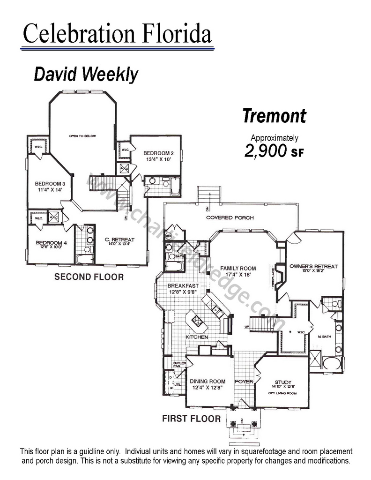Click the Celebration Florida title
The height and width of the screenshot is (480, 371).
coord(117,34)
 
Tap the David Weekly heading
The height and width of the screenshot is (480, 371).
coord(86,75)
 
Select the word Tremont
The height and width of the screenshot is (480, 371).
coord(275,116)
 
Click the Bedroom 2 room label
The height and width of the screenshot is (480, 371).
coord(158,153)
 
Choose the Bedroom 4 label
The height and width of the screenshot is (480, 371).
coord(50,243)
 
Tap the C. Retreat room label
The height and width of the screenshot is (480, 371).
coord(119,240)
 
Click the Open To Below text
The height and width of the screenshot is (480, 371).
coord(82,136)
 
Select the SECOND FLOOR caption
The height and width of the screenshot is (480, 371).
coord(89,277)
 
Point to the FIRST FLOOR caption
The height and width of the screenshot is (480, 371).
coord(191,418)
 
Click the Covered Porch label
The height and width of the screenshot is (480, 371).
coord(230,218)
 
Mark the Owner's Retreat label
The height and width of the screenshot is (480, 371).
coord(313,266)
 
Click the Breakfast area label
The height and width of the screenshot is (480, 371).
coord(183,286)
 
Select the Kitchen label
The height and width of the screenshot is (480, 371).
coord(197,337)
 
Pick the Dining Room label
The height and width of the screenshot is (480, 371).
coord(208,381)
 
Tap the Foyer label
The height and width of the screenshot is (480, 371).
coord(244,382)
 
